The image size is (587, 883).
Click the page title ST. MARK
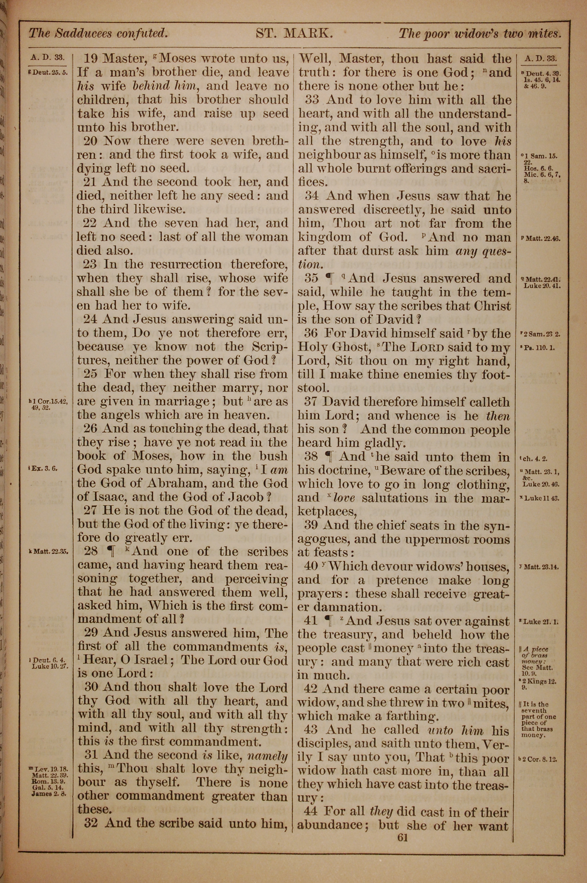(294, 34)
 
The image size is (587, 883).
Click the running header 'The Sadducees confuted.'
(98, 34)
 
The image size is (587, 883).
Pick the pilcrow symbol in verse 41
(329, 621)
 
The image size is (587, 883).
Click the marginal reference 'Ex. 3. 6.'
(45, 468)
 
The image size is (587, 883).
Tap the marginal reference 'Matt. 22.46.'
(540, 238)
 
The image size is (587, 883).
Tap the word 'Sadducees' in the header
(83, 34)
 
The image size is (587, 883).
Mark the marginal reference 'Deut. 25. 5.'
(48, 73)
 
